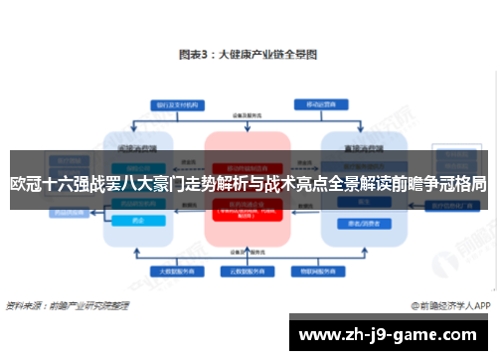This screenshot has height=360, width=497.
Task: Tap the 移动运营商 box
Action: tap(316, 102)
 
